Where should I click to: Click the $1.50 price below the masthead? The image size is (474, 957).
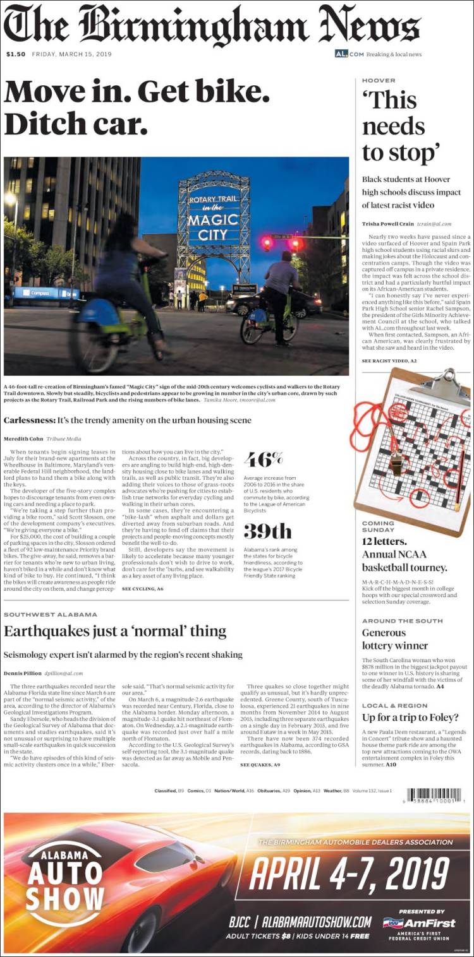coord(16,54)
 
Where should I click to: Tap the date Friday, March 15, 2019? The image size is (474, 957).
coord(71,54)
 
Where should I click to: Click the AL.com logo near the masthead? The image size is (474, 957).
coord(349,54)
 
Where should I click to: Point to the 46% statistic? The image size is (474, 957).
coord(264,458)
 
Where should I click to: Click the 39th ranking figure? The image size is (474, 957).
coord(267,531)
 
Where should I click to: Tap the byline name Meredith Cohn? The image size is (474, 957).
coord(25,439)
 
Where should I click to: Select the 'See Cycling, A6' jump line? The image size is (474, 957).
coord(142,588)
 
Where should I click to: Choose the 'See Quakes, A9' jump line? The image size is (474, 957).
coord(260,765)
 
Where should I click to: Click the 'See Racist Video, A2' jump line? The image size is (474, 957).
coord(389,360)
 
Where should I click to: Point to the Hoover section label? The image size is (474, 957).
coord(379,81)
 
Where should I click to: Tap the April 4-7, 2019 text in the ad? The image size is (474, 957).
coord(349,874)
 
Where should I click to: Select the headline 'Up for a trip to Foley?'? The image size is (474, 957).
coord(410,717)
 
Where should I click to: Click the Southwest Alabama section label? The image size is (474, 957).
coord(51,614)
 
